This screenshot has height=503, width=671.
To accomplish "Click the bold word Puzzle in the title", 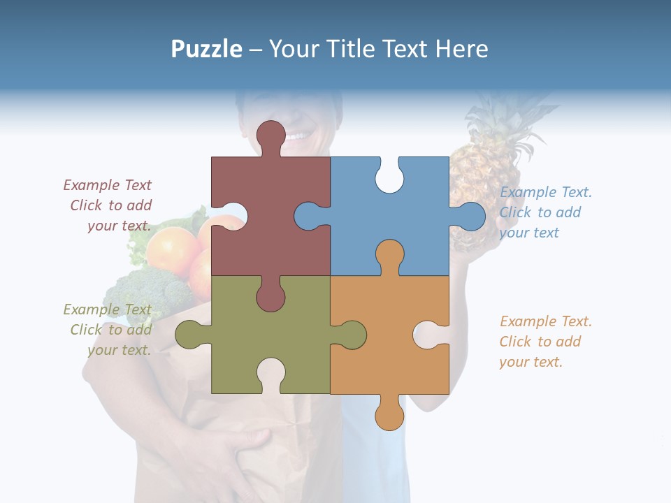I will click(x=207, y=50).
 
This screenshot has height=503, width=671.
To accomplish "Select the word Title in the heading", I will click(x=357, y=50).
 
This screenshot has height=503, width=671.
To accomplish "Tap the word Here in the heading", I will click(x=461, y=50).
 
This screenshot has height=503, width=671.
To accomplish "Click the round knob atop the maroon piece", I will click(x=271, y=134).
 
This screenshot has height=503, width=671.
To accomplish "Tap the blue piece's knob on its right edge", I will click(x=470, y=216).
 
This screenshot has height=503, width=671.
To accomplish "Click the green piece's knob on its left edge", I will click(x=189, y=334).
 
